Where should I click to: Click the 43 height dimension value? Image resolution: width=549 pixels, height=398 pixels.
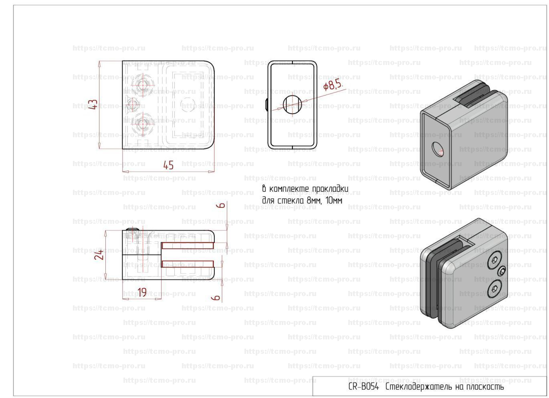tap(94, 105)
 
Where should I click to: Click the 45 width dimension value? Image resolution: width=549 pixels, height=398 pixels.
tap(168, 165)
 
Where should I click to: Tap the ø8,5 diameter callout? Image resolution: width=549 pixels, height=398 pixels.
tap(333, 85)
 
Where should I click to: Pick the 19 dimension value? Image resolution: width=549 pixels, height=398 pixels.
tap(142, 292)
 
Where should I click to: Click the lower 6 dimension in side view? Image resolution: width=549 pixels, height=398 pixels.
tap(216, 298)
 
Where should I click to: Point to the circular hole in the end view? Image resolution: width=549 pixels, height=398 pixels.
tap(293, 104)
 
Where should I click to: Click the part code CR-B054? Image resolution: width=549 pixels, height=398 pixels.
tap(363, 387)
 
